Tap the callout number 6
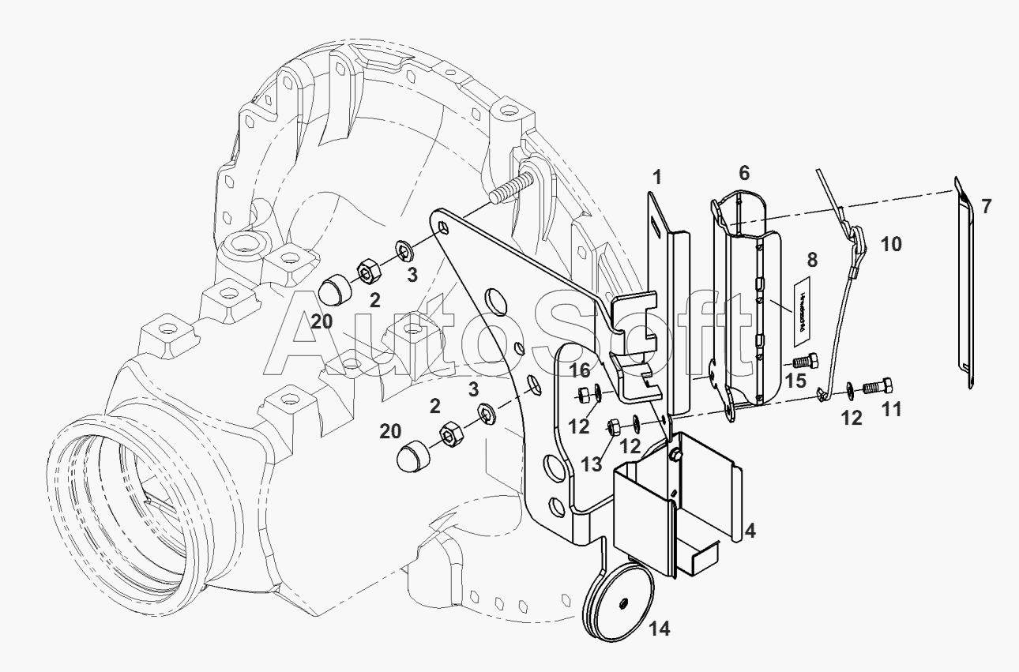pyautogui.click(x=743, y=173)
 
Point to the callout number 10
pyautogui.click(x=890, y=245)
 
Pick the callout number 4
pyautogui.click(x=750, y=531)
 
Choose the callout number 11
pyautogui.click(x=891, y=410)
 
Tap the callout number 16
pyautogui.click(x=580, y=370)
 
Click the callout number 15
pyautogui.click(x=795, y=381)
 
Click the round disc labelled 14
pyautogui.click(x=620, y=603)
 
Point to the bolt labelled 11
pyautogui.click(x=876, y=388)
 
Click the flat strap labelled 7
pyautogui.click(x=964, y=284)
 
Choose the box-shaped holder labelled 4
pyautogui.click(x=678, y=497)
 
